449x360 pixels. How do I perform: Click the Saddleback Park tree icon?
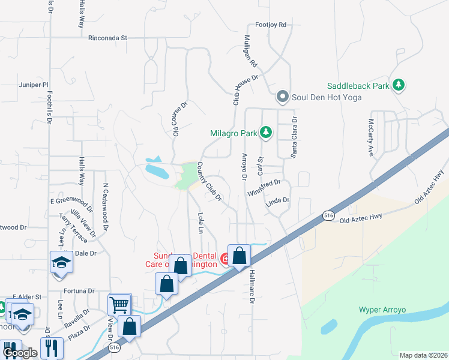tap(398, 86)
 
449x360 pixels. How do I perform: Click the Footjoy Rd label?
tap(271, 25)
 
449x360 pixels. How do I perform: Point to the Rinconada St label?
tap(108, 37)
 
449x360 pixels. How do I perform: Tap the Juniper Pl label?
tap(33, 85)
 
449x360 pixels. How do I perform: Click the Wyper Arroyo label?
tap(382, 310)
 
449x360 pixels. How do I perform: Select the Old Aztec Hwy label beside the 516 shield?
tap(361, 220)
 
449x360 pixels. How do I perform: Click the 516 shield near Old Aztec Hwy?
tap(327, 215)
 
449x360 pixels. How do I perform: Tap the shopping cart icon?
tap(119, 305)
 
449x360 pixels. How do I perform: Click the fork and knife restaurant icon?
tap(53, 348)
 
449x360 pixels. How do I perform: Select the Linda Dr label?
tap(278, 203)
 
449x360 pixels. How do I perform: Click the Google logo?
tap(20, 353)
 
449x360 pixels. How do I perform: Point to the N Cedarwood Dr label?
tap(105, 207)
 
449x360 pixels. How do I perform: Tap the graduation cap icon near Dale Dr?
tap(61, 262)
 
